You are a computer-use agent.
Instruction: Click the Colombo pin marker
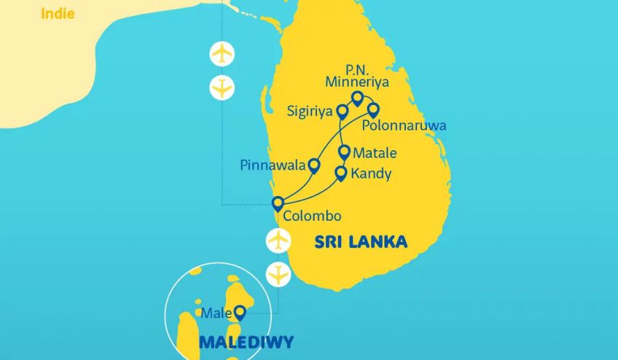(278, 203)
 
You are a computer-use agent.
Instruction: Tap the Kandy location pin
(340, 173)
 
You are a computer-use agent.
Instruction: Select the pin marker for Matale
(345, 152)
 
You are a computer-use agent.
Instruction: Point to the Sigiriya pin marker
(341, 111)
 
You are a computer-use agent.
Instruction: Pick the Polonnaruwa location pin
(373, 110)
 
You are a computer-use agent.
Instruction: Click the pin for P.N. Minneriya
(357, 98)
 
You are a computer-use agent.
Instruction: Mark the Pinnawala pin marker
(314, 165)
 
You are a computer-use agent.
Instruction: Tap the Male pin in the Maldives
(239, 313)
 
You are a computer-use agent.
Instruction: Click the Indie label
(58, 14)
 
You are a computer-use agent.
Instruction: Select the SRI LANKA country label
(361, 242)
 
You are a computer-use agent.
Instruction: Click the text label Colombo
(311, 216)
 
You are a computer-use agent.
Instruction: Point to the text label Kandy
(371, 174)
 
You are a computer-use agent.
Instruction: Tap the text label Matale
(375, 154)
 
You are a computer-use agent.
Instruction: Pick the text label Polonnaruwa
(404, 126)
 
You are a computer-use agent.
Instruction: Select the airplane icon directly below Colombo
(278, 239)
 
